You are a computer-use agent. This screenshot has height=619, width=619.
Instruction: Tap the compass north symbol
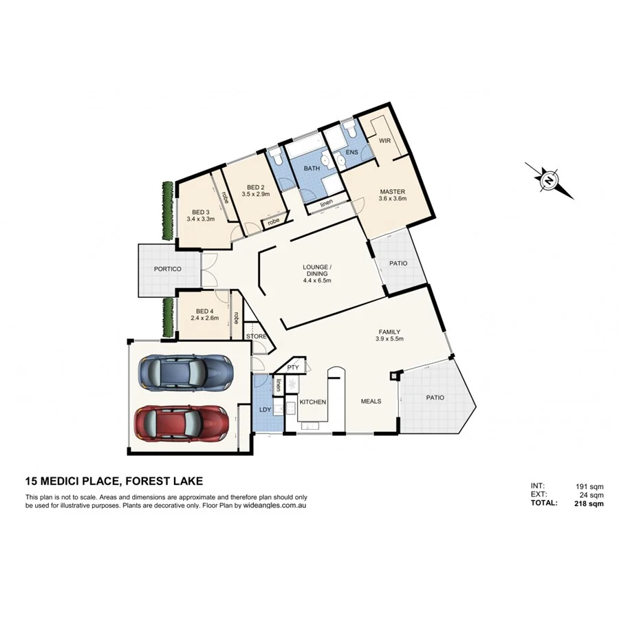coord(550,181)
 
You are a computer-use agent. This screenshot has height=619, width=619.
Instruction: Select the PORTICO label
coord(167,269)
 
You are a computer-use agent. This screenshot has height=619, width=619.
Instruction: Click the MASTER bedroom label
coord(391,191)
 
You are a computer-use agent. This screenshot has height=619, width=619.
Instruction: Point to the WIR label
coord(384,140)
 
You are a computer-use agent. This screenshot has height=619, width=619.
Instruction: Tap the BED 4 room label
coord(204,310)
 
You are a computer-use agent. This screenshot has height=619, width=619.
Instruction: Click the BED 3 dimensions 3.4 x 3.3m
coord(201,219)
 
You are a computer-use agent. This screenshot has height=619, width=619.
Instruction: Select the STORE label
coord(256,336)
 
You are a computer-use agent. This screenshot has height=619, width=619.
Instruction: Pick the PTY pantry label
coord(293,367)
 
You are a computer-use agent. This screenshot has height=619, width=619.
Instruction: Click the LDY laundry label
coord(265,411)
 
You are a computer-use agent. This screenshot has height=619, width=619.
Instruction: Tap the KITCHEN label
coord(312,402)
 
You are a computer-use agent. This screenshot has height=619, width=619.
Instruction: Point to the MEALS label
coord(371,402)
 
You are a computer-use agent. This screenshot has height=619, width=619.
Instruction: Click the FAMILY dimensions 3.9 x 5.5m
coord(388,339)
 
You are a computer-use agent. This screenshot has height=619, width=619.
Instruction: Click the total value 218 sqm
coord(589,503)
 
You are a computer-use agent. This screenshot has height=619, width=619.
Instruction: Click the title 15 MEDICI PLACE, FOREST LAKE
coord(113,482)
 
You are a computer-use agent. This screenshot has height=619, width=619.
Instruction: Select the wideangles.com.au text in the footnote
coord(273,505)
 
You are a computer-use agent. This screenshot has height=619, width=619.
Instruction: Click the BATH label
coord(312,168)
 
